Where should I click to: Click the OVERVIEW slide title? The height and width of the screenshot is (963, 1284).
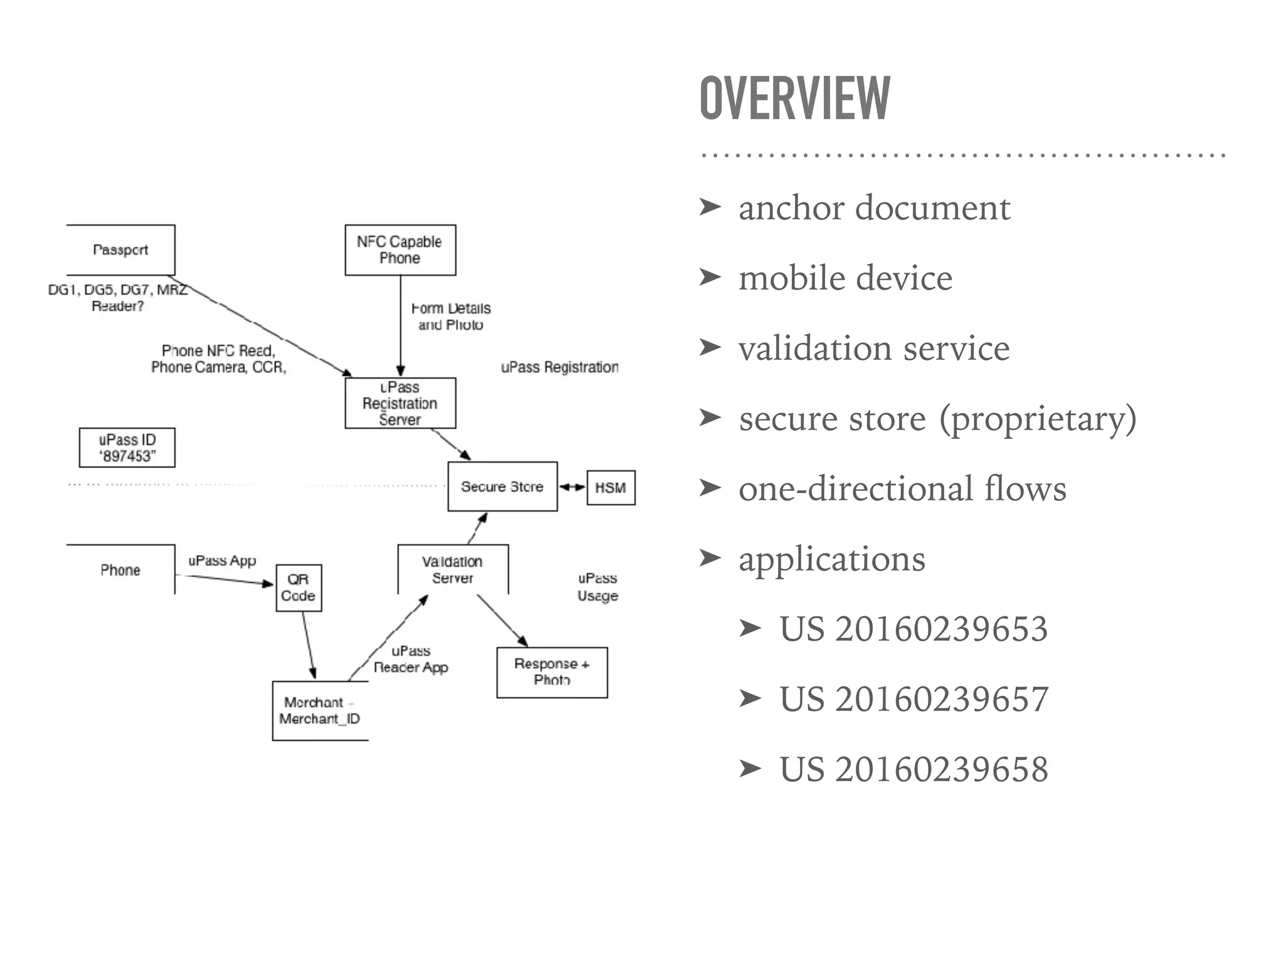(794, 98)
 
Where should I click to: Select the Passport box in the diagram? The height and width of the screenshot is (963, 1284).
(120, 250)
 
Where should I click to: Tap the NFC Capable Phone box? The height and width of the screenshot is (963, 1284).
(400, 250)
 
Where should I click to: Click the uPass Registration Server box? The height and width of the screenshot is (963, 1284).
(400, 403)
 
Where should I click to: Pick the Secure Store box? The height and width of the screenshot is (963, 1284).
(502, 487)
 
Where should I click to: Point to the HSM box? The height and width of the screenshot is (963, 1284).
(611, 488)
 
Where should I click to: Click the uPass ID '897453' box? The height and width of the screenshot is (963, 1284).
(127, 448)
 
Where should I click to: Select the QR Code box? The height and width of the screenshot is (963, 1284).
(298, 587)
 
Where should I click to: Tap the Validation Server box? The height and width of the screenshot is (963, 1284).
(453, 569)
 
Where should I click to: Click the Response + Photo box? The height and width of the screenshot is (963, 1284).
(552, 672)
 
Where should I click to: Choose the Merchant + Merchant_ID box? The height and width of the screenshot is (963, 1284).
(320, 710)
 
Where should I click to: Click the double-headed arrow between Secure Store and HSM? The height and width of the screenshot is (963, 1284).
(572, 487)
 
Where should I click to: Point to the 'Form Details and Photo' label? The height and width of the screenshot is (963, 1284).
(451, 317)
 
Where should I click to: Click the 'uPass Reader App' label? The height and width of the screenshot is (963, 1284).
(411, 659)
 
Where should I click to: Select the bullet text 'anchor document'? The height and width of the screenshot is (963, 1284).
(874, 208)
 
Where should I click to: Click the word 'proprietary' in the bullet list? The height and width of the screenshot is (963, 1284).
(1037, 418)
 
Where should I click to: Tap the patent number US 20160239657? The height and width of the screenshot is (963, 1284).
(913, 699)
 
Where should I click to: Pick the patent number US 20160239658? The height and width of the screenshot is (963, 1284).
(913, 769)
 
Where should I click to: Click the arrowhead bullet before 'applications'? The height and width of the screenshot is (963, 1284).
(710, 557)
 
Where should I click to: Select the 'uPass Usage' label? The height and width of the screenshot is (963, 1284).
(597, 587)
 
